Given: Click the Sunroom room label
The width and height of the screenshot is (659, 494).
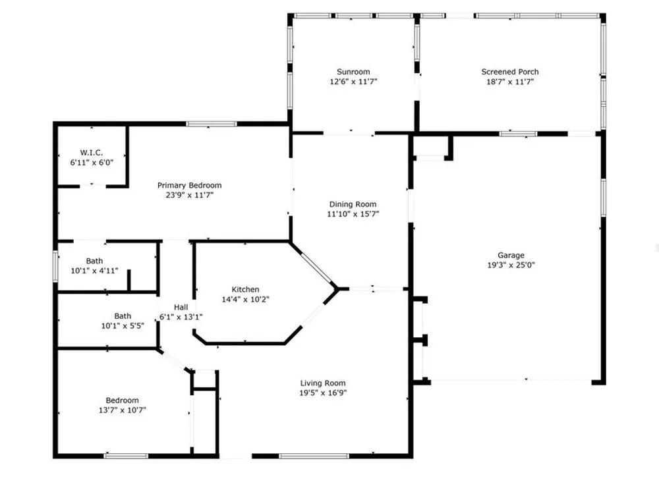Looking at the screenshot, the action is (x=353, y=72).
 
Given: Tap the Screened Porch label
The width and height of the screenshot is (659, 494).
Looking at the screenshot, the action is (x=510, y=72).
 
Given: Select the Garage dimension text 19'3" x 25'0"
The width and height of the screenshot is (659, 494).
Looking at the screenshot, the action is (x=511, y=265).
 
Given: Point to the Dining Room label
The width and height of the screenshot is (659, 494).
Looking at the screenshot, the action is (x=353, y=204).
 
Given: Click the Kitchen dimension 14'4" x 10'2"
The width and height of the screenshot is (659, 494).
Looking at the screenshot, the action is (x=245, y=300).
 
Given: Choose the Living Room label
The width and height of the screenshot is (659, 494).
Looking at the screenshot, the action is (x=323, y=383).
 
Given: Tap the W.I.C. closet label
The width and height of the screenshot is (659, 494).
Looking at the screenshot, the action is (x=92, y=153).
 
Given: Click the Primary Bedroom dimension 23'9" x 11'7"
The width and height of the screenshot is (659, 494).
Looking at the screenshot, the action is (x=190, y=195).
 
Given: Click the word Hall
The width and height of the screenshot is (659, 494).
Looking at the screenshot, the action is (x=181, y=307).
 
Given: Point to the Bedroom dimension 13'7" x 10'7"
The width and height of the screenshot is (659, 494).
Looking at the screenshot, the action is (x=123, y=410).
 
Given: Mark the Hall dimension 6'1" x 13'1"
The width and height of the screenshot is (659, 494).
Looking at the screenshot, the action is (x=181, y=317).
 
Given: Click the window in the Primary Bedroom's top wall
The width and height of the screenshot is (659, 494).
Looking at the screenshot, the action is (x=212, y=124).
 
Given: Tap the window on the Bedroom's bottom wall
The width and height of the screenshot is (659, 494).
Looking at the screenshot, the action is (x=126, y=456).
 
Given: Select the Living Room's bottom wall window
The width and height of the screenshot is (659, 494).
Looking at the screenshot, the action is (x=314, y=456).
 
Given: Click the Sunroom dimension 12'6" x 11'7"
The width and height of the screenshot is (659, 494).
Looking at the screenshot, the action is (x=353, y=82).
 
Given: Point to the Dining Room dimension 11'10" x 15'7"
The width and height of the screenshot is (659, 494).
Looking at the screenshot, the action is (x=353, y=214).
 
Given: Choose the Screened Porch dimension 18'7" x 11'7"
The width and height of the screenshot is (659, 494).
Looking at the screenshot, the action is (x=510, y=82).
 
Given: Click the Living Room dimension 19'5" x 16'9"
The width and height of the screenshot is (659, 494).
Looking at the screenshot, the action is (x=323, y=393).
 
